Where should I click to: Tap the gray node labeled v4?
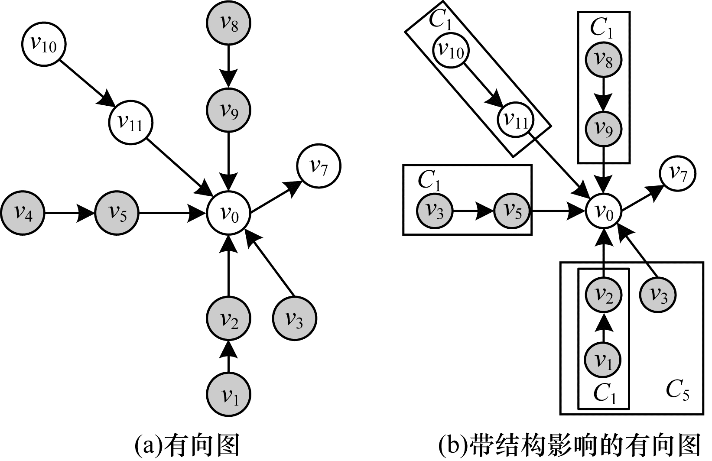click(23, 213)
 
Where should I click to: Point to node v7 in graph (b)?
click(677, 173)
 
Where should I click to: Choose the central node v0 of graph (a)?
click(229, 213)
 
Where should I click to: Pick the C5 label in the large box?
click(677, 392)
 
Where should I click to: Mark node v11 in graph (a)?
click(131, 123)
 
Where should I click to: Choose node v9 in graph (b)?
click(603, 129)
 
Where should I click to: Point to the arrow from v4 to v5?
click(69, 213)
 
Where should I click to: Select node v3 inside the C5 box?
click(658, 296)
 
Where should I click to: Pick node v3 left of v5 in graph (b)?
click(434, 212)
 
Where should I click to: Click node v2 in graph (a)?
click(229, 319)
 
